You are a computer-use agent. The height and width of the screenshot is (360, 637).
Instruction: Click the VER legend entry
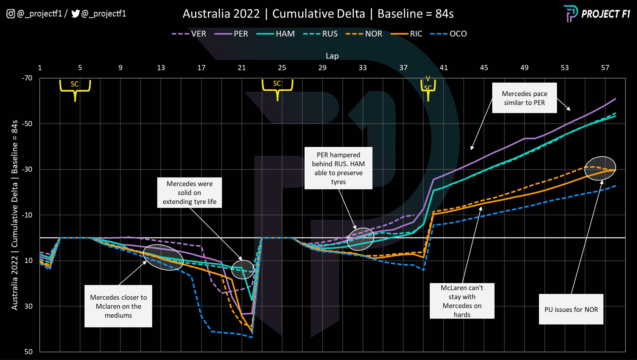pos(189,34)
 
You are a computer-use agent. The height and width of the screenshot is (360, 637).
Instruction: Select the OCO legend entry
pos(449,34)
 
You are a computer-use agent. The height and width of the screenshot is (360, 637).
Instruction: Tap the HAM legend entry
pos(276,34)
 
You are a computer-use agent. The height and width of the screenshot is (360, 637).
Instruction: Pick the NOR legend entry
pos(364,34)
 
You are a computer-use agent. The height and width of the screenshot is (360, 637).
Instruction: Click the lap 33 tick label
pos(363,68)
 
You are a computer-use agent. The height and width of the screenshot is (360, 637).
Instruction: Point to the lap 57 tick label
pos(605,68)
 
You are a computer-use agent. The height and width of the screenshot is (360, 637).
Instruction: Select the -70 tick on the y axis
pos(27,78)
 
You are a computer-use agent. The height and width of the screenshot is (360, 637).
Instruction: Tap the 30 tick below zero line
pos(28,306)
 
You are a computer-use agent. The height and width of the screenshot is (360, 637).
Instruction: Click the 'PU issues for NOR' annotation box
pos(571,309)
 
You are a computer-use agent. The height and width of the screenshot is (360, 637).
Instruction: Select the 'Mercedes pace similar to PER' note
pos(524,98)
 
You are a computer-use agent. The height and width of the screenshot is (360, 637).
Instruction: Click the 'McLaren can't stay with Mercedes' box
pos(462,301)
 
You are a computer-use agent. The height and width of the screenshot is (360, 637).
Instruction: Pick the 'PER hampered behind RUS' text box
pos(338,168)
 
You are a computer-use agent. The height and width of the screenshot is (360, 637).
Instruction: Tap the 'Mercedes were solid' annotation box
pos(189,192)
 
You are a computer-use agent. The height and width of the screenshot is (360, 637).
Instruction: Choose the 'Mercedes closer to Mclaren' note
pos(118,306)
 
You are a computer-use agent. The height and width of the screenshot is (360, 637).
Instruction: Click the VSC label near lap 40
pos(428,84)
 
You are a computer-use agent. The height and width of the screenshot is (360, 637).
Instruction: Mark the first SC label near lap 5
pos(75,84)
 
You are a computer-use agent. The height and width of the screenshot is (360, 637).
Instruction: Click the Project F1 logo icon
pos(570,14)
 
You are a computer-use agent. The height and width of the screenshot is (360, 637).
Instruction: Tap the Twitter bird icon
pos(75,14)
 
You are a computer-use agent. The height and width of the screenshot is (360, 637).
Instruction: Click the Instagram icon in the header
pos(11,14)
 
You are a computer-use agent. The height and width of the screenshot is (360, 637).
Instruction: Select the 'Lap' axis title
pos(332,56)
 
